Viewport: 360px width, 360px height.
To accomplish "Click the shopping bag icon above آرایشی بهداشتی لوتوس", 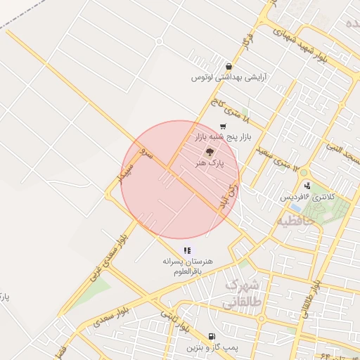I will click(228, 67).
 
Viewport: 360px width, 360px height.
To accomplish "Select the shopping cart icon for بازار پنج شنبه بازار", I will click(223, 127).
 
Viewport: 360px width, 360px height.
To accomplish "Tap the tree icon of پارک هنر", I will click(210, 151).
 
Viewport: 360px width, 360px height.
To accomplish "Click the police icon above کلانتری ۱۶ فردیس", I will click(307, 186).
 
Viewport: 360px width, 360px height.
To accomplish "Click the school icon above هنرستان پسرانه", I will click(187, 250).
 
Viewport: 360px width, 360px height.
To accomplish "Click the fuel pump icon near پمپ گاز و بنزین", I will click(212, 336).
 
